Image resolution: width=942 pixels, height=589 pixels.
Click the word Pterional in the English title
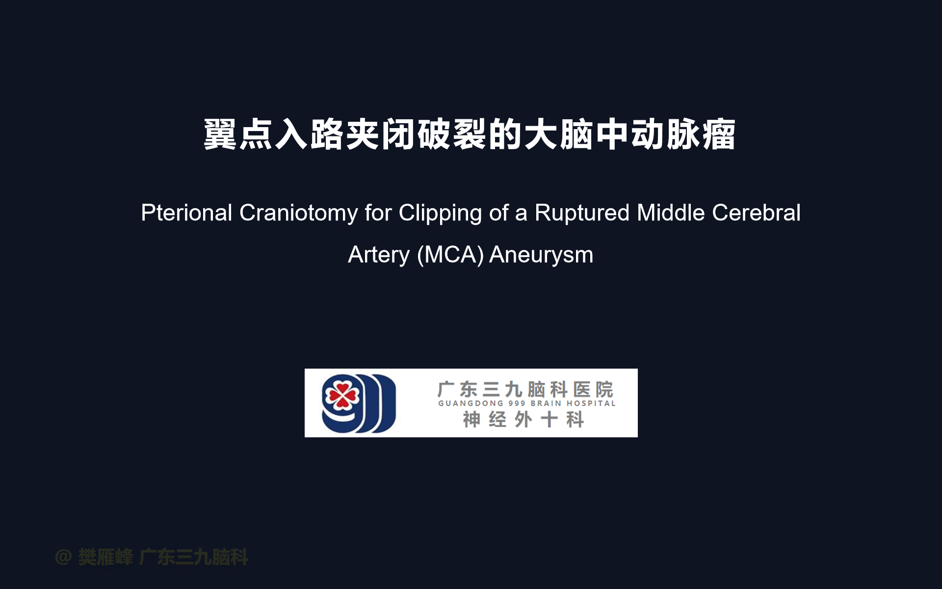point(186,214)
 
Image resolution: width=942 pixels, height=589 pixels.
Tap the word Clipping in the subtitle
point(440,214)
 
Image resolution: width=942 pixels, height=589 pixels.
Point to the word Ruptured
point(582,214)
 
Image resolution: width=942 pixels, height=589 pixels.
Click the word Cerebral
point(756,213)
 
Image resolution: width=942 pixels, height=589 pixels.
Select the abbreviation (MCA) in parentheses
point(450,255)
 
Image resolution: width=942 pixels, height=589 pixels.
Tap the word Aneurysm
point(541,255)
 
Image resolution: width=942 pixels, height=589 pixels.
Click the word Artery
point(379,255)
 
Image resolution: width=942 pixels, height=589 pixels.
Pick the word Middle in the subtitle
point(671,213)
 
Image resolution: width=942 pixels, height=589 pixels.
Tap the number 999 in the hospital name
point(517,403)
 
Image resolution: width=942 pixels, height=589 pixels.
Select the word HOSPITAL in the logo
point(591,403)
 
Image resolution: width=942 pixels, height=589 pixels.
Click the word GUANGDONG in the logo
point(471,403)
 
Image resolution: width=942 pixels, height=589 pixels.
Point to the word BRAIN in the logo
point(546,403)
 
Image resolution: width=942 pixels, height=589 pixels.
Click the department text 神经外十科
point(523,420)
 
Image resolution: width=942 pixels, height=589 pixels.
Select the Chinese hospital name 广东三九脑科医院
point(525,389)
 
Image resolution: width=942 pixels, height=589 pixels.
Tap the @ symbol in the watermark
point(63,557)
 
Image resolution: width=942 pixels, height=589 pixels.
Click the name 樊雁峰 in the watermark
point(105,557)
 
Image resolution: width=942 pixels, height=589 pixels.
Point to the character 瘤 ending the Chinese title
point(719,134)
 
